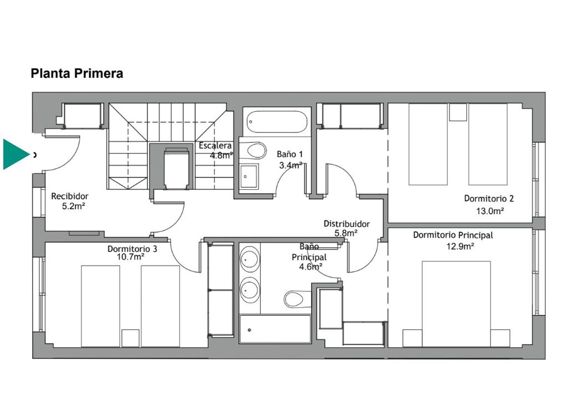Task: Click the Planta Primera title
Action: [77, 74]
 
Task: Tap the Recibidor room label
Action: [70, 196]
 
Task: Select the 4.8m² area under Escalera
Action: [222, 155]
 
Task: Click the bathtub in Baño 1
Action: [277, 122]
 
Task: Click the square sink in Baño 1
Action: [249, 176]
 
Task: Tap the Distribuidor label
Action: [347, 224]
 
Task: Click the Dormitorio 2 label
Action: [489, 199]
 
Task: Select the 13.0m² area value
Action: [490, 211]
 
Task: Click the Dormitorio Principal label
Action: [453, 235]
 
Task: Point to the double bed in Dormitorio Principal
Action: [456, 304]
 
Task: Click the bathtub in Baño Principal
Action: [275, 329]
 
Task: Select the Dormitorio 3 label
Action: [132, 249]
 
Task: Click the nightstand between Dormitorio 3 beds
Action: [130, 338]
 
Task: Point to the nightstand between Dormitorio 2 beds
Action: [458, 112]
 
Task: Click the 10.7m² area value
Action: [130, 257]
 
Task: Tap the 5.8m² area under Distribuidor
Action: [346, 233]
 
